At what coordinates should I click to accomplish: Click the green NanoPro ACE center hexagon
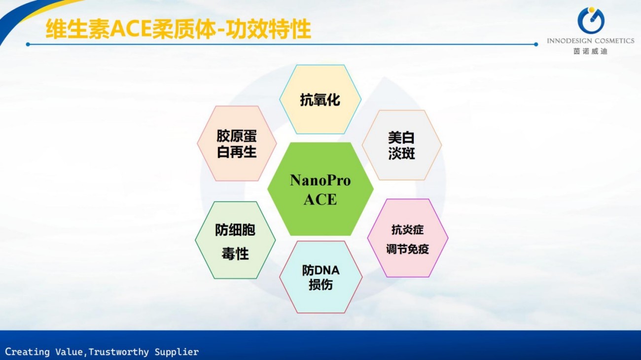pyautogui.click(x=320, y=189)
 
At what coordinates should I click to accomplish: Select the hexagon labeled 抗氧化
pyautogui.click(x=320, y=99)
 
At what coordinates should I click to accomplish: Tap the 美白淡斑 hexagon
pyautogui.click(x=402, y=145)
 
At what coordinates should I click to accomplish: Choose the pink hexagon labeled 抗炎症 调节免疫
pyautogui.click(x=407, y=238)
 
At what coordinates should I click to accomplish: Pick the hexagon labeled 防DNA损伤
pyautogui.click(x=321, y=277)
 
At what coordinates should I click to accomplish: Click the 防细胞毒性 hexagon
pyautogui.click(x=235, y=240)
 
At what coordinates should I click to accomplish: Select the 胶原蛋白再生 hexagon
pyautogui.click(x=237, y=144)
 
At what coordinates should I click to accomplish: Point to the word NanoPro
pyautogui.click(x=320, y=180)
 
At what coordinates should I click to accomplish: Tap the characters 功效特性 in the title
pyautogui.click(x=268, y=29)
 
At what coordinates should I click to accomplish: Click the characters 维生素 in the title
pyautogui.click(x=77, y=29)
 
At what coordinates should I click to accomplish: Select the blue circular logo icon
pyautogui.click(x=591, y=20)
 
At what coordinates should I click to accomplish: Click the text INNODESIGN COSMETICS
pyautogui.click(x=591, y=41)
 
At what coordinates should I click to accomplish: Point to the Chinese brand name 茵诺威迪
pyautogui.click(x=590, y=51)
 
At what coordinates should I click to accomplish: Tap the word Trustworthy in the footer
pyautogui.click(x=118, y=352)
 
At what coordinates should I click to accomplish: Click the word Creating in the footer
pyautogui.click(x=27, y=352)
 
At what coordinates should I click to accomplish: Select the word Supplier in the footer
pyautogui.click(x=177, y=352)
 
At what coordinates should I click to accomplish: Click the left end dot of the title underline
pyautogui.click(x=28, y=44)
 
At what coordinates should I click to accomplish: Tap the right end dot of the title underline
pyautogui.click(x=536, y=44)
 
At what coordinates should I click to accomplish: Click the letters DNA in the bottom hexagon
pyautogui.click(x=326, y=270)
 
